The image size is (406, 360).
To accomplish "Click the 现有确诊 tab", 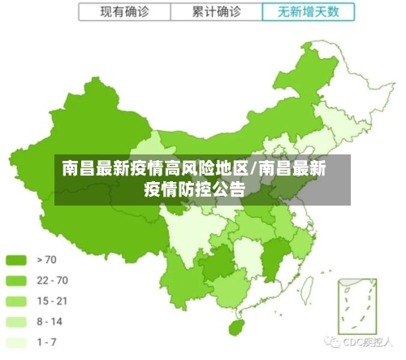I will click(x=124, y=11).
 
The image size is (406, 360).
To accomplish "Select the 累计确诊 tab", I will click(x=217, y=11).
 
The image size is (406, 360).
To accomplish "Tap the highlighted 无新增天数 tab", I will click(x=309, y=11).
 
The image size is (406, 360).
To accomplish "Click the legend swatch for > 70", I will click(x=16, y=260).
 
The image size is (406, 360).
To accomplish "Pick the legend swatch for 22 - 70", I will click(x=16, y=280).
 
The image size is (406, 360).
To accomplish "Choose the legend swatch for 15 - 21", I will click(x=16, y=301).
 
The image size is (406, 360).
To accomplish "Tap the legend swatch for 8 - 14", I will click(x=16, y=322).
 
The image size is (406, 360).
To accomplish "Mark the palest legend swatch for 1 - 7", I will click(x=16, y=342).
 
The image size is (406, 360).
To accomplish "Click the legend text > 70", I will click(x=46, y=260).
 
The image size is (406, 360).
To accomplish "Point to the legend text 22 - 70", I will click(x=52, y=280).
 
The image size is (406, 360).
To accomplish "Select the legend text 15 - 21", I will click(x=52, y=301).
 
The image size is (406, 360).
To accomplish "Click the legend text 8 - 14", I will click(x=50, y=322).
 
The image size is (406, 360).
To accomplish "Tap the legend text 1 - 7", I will click(x=46, y=342).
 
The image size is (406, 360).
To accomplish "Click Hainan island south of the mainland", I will click(x=237, y=327).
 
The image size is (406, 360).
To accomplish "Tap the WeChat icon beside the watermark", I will click(x=333, y=341).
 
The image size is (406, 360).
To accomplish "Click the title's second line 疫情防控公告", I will click(x=194, y=190).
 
